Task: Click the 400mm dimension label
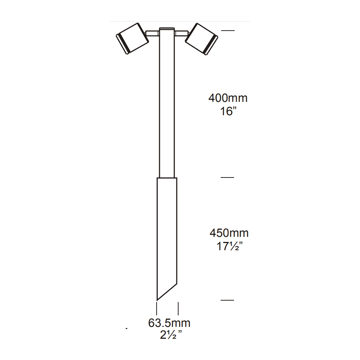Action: [x=228, y=98]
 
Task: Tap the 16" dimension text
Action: [x=228, y=111]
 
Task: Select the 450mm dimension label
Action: [x=229, y=233]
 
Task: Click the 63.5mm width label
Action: [x=169, y=323]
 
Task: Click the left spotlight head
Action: [x=132, y=39]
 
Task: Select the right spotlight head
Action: [x=201, y=39]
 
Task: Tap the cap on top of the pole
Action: [x=166, y=29]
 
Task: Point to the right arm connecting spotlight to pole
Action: [x=181, y=34]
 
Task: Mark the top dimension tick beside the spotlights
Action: [x=228, y=31]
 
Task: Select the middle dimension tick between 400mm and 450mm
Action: [x=228, y=177]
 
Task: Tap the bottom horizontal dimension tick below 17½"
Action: [x=228, y=300]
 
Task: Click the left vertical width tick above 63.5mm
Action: [x=157, y=309]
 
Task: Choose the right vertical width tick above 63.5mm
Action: [x=179, y=309]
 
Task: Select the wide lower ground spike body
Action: [x=167, y=234]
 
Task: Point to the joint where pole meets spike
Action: [x=167, y=177]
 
